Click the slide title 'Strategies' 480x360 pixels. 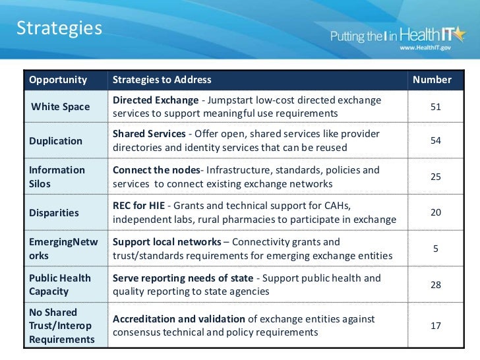(x=59, y=28)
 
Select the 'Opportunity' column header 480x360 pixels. (x=58, y=80)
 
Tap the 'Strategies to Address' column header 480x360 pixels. (x=162, y=80)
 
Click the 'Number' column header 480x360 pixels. (x=432, y=80)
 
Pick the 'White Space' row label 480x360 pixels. (x=61, y=107)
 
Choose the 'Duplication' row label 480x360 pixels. (x=56, y=140)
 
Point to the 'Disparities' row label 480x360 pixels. (x=54, y=213)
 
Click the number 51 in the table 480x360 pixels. (x=435, y=106)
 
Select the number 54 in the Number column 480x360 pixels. (x=435, y=140)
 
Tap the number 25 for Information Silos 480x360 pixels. (x=435, y=177)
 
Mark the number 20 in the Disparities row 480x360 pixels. (x=435, y=212)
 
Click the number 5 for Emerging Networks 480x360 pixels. (x=435, y=249)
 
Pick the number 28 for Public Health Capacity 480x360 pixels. (x=435, y=284)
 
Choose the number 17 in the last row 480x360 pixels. (x=435, y=325)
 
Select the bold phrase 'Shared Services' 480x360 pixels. (x=150, y=134)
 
